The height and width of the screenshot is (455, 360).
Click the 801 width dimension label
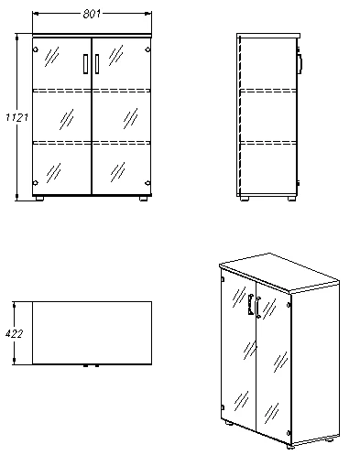(92, 14)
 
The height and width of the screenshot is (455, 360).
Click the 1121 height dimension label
(17, 117)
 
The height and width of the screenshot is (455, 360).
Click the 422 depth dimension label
(14, 333)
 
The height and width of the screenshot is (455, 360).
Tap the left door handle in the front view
(85, 64)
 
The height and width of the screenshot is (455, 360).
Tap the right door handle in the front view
(97, 64)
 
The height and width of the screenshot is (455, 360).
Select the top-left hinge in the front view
(36, 49)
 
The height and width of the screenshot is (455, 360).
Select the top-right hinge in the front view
(147, 49)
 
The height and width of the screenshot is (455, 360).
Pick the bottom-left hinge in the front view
(36, 183)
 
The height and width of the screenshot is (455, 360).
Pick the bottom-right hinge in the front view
(147, 183)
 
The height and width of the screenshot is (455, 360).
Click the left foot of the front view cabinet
(39, 199)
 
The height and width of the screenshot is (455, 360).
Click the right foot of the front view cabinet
(144, 199)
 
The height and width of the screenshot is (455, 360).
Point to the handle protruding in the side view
(300, 64)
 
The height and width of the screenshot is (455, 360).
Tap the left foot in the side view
(244, 199)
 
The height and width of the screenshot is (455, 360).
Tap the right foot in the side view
(292, 199)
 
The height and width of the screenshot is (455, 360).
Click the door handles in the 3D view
(255, 306)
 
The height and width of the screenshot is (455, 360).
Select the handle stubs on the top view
(92, 365)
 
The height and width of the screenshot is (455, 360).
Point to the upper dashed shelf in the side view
(268, 91)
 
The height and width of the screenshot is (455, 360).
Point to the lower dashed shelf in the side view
(268, 143)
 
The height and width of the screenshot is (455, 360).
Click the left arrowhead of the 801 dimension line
(36, 14)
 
